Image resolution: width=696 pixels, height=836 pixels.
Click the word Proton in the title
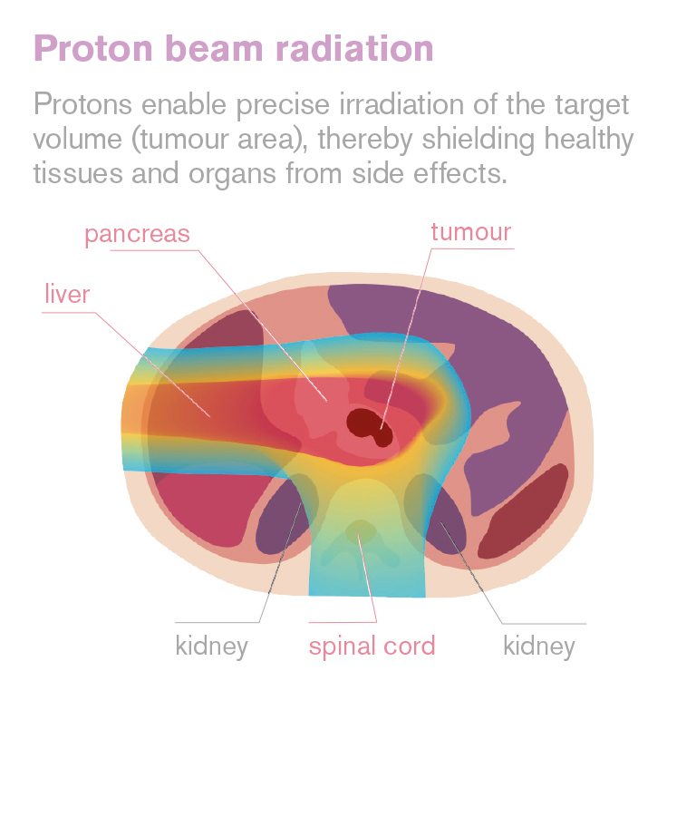point(93,50)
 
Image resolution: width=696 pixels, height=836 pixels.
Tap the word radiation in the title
point(355,49)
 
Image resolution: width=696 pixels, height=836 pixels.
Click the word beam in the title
point(215,49)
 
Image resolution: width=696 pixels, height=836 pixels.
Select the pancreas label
point(137,234)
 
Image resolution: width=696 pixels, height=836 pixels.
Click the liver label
point(67,294)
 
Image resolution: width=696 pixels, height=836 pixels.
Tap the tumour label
point(471,232)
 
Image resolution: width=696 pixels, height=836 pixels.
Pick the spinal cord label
point(372,646)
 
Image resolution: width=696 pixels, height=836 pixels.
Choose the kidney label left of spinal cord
point(211,646)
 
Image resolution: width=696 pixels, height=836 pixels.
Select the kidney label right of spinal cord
point(539,646)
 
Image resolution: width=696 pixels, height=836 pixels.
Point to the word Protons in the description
point(82,104)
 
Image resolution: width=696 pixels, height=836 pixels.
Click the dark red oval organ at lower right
point(522,510)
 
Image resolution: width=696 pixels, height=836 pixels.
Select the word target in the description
point(592,105)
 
